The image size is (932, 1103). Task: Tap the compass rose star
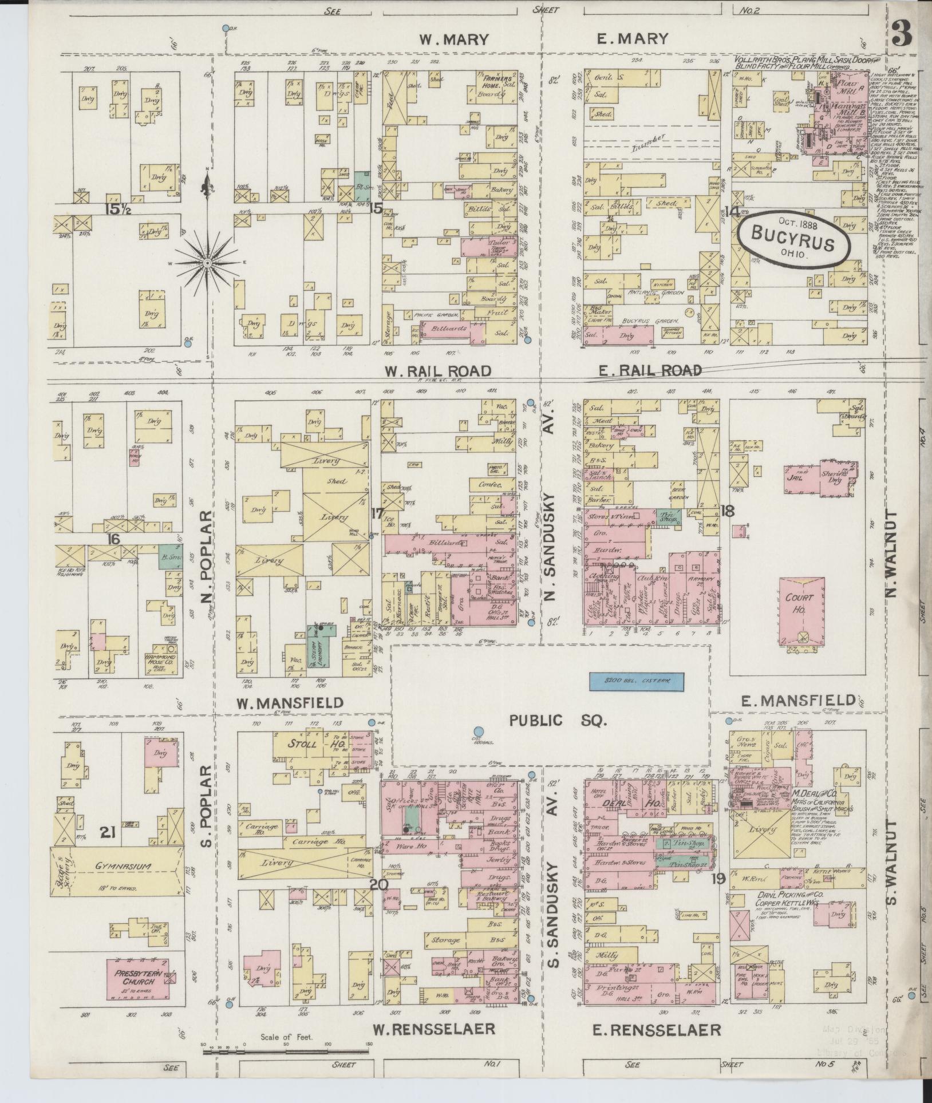pos(207,262)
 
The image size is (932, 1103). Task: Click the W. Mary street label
pos(453,39)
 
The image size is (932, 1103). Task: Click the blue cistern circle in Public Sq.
pos(478,731)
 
